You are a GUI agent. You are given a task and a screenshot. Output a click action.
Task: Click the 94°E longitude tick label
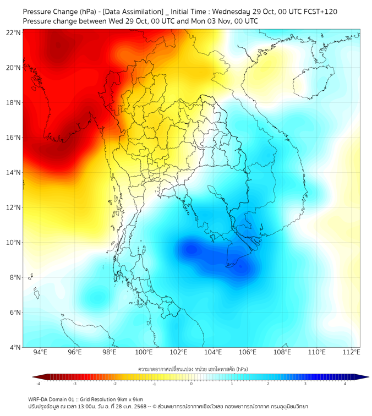click(x=40, y=352)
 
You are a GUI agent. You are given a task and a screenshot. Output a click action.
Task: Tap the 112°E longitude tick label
click(x=351, y=352)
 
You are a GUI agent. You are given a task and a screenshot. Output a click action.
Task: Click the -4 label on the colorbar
click(x=38, y=384)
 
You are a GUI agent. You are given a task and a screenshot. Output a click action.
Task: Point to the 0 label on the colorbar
click(x=192, y=384)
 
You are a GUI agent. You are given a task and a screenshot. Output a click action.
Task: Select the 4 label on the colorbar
click(x=345, y=384)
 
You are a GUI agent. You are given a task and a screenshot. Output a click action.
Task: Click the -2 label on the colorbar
click(x=114, y=384)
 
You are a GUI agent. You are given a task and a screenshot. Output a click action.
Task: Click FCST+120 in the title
click(x=318, y=11)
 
